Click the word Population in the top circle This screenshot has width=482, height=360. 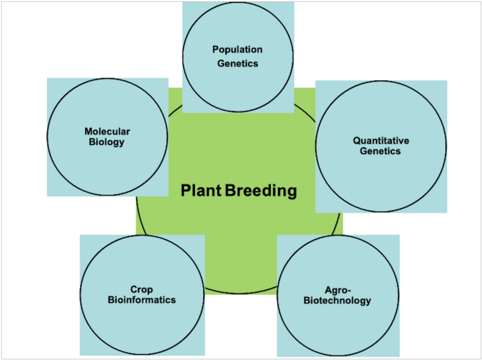(x=237, y=50)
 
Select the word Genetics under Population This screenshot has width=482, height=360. (x=237, y=63)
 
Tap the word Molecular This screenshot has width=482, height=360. (x=107, y=131)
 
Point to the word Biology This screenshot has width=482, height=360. (x=107, y=142)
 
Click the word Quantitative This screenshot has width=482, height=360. (x=381, y=141)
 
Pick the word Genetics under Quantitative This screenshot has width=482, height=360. (x=380, y=151)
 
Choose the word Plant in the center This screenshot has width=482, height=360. (x=201, y=190)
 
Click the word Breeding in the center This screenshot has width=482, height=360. (x=261, y=191)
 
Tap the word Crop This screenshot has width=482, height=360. (x=142, y=290)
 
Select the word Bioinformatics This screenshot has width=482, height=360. (x=142, y=300)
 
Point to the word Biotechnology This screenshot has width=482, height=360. (x=337, y=301)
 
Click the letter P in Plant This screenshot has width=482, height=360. (x=185, y=191)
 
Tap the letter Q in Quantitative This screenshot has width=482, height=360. (x=357, y=141)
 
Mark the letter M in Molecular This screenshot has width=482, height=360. (x=89, y=131)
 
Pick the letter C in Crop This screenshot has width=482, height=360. (x=134, y=289)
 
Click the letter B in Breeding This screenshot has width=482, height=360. (x=230, y=191)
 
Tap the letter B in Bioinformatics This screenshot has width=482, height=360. (x=111, y=300)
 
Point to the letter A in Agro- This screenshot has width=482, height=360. (x=328, y=290)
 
